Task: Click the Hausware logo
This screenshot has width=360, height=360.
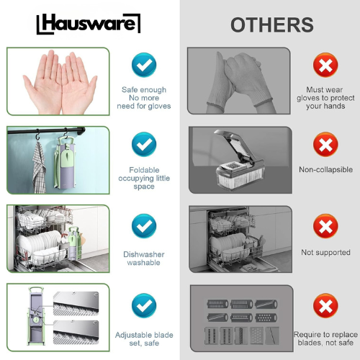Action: pos(89,24)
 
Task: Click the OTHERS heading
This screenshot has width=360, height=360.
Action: pos(272,24)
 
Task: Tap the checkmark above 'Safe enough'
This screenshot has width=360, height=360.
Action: pos(144,65)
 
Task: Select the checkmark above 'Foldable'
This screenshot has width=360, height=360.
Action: pos(144,144)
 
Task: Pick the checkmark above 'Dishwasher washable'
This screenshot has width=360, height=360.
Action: pos(144,226)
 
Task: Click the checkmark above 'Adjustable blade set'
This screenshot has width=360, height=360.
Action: pos(144,305)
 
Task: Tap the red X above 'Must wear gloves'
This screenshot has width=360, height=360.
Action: pos(325,65)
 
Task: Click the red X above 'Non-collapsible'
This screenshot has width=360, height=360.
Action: pos(325,145)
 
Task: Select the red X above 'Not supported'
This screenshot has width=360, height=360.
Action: pos(325,226)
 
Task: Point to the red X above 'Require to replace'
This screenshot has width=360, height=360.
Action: pos(325,305)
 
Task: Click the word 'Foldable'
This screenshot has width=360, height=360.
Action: pos(144,170)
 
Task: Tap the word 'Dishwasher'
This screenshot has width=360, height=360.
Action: pos(144,254)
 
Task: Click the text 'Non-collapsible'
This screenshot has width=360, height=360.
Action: pos(325,170)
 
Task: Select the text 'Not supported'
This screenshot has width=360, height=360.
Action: pos(325,252)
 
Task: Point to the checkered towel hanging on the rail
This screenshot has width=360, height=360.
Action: pos(39,167)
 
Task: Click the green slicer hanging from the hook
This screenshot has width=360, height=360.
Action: pos(65,162)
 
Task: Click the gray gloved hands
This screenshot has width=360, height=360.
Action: pos(239,81)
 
